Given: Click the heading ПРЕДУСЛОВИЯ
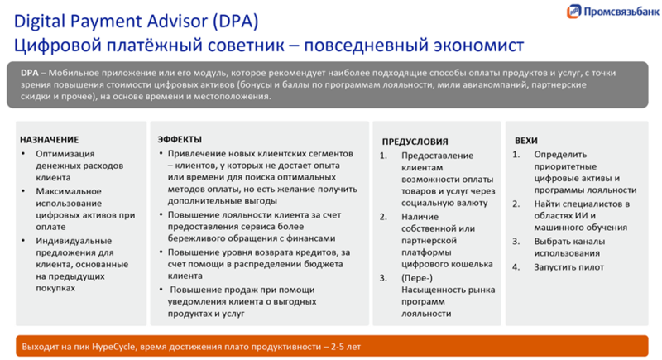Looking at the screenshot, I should tap(415, 142).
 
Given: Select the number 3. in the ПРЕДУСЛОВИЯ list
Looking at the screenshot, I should tap(384, 278).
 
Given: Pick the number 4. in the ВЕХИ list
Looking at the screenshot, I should tap(516, 266).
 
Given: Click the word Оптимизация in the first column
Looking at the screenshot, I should tap(65, 154).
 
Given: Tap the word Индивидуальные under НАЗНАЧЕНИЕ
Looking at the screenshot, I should tap(71, 241).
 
